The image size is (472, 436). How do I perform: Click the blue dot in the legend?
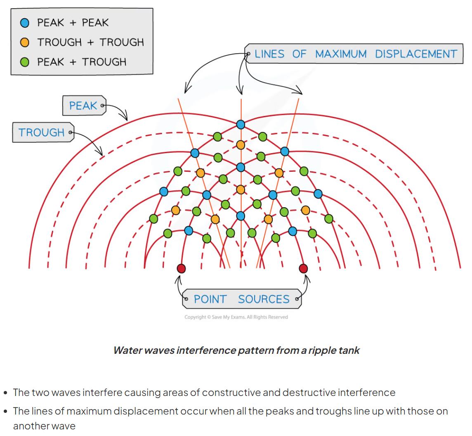coord(25,23)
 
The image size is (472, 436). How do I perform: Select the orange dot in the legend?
coord(25,42)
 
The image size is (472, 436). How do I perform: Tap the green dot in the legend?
coord(25,62)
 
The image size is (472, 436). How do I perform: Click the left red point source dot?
coord(181,269)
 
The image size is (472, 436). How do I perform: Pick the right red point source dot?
coord(303,269)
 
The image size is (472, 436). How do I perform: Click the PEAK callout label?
coord(83,106)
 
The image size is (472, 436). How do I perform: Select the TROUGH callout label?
coord(42,133)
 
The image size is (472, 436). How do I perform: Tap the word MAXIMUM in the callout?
coord(341,54)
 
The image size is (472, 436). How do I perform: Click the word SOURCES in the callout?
coord(264,299)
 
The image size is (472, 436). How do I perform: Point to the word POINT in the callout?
coord(210,299)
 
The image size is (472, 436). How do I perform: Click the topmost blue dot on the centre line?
coord(241,124)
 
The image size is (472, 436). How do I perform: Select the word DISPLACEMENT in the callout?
coord(416,54)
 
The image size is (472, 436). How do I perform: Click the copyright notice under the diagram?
coord(236,317)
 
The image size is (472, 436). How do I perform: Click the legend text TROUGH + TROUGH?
coord(90,42)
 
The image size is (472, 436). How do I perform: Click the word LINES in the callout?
coord(269,54)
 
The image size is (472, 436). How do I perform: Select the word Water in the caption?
coord(126,351)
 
